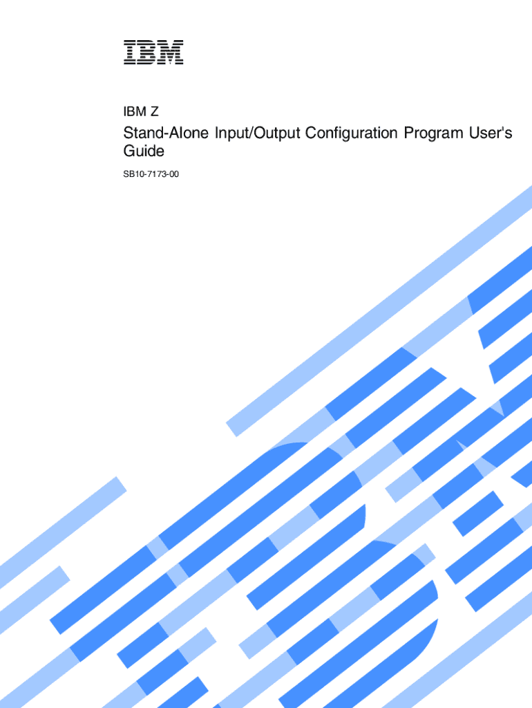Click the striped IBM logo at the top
coord(153,53)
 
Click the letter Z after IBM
coord(154,111)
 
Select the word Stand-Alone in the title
coord(166,133)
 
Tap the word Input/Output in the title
coord(257,133)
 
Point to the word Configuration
coord(352,133)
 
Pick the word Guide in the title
coord(144,151)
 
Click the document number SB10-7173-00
coord(151,174)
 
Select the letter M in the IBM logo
coord(171,53)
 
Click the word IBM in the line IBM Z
coord(135,111)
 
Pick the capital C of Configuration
coord(311,133)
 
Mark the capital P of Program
coord(409,133)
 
